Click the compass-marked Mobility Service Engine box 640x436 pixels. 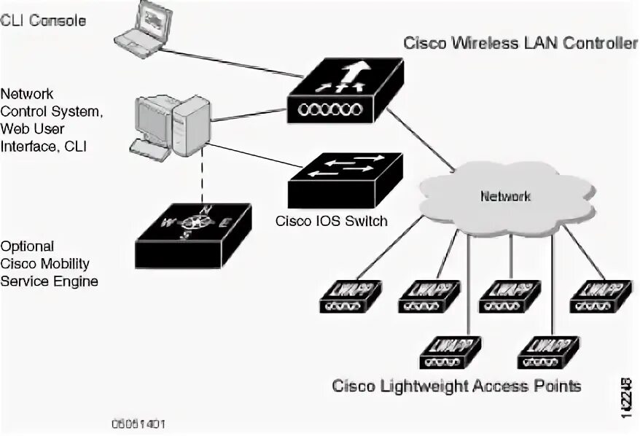coord(194,234)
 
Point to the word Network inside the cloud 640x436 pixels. coord(504,196)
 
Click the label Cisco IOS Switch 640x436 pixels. coord(332,221)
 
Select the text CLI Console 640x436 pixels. coord(44,20)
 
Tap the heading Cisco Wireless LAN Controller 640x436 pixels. coord(521,43)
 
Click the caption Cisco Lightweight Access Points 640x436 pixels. coord(457,386)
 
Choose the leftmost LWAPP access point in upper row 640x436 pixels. coord(347,295)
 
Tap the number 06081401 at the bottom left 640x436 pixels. coord(138,424)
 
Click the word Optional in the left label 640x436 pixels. coord(28,246)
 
